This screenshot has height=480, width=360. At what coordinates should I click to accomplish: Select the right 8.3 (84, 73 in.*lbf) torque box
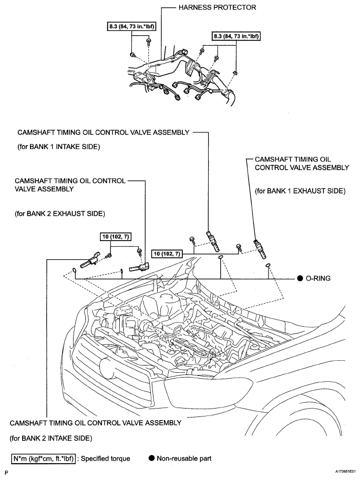[x=236, y=36]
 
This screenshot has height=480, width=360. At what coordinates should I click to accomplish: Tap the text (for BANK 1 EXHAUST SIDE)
[x=300, y=192]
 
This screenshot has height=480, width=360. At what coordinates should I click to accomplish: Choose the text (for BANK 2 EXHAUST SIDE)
[x=60, y=214]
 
